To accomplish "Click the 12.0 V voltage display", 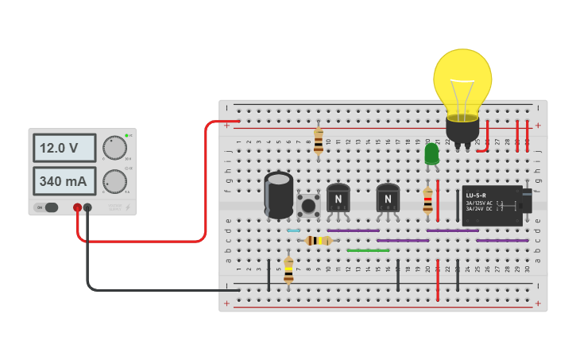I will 64,148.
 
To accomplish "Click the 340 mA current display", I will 64,181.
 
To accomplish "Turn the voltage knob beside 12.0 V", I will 115,148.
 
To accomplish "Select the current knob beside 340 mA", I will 115,181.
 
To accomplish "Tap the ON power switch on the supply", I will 48,207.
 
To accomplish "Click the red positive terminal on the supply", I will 78,208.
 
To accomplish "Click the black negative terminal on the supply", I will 87,208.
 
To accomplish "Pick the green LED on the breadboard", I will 431,154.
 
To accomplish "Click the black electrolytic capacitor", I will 279,195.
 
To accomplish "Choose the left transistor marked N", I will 338,199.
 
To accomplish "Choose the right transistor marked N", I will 388,199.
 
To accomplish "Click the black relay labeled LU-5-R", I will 492,205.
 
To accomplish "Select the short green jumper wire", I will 368,250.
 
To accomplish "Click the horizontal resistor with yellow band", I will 318,240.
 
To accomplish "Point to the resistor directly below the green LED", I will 428,199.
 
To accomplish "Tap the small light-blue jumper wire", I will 293,230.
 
